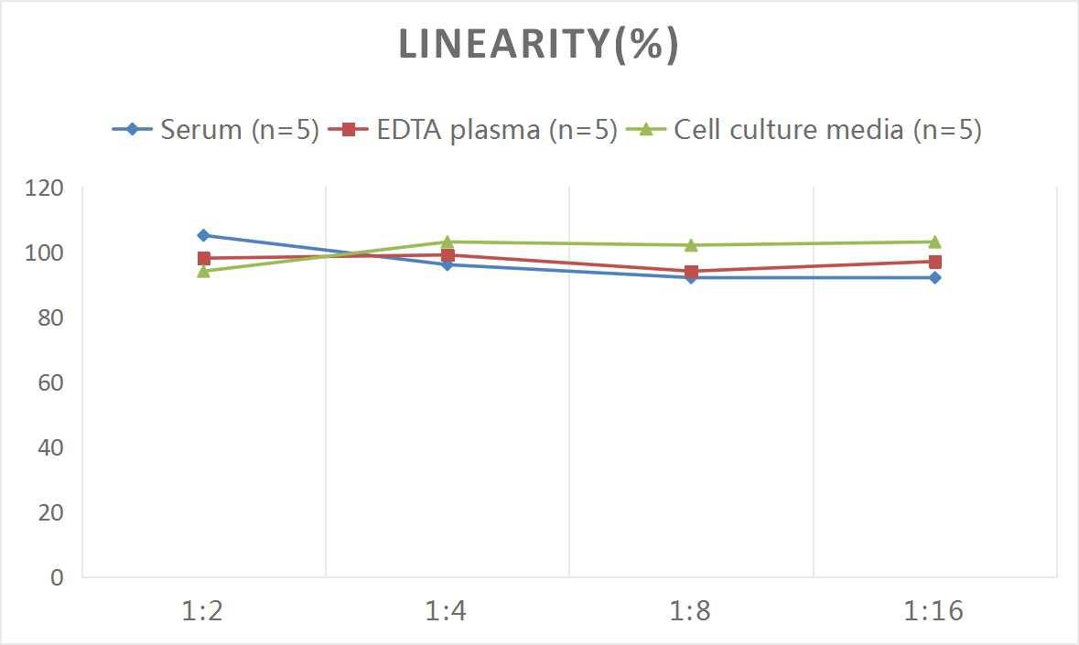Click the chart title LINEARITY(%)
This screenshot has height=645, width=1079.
538,45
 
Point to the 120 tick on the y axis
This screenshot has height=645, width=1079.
45,188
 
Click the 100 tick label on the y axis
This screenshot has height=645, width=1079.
45,253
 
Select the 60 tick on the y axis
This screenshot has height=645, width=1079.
51,382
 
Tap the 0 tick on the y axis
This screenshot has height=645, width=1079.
58,577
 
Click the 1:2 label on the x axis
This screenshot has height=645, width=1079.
203,611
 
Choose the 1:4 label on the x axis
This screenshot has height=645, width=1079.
447,611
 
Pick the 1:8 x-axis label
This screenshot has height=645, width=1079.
691,611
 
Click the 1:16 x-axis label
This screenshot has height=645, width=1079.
934,611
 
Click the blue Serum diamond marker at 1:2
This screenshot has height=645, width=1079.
203,235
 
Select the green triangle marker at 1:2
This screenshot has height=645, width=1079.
203,271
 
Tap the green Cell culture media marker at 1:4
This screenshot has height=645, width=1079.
448,242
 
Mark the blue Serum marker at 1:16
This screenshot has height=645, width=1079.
934,277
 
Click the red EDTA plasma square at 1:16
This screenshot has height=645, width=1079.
934,262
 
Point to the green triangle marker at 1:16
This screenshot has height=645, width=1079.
934,242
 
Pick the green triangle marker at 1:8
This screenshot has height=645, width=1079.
691,244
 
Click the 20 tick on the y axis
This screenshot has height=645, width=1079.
51,512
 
